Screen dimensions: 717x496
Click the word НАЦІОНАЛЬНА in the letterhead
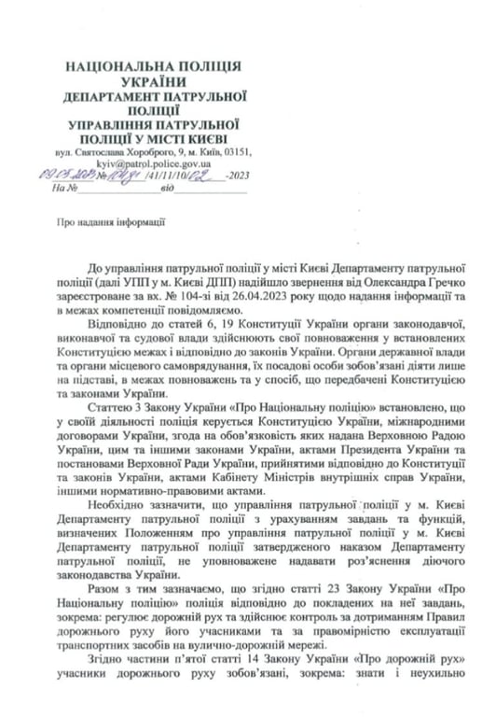tap(114, 67)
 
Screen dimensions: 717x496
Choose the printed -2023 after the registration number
tap(237, 175)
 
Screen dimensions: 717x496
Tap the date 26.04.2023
tap(241, 294)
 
